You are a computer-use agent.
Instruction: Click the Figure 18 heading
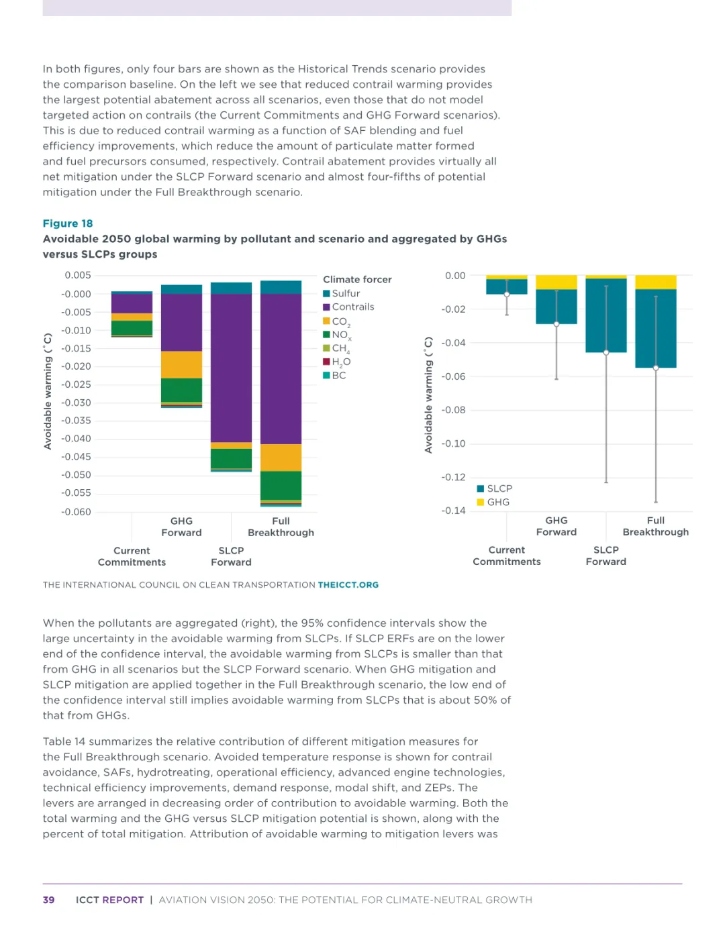68,223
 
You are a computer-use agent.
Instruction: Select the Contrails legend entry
348,307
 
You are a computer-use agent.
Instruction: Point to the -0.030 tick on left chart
76,403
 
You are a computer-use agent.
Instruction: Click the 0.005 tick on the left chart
78,275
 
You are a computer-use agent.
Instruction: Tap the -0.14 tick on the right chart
453,511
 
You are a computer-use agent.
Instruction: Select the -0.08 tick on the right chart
453,410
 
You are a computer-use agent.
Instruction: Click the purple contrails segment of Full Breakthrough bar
281,369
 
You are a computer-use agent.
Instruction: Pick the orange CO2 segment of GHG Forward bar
181,364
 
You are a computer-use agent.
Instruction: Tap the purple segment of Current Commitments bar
132,303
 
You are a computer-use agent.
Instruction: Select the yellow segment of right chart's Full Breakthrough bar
656,282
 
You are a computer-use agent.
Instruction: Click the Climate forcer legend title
357,279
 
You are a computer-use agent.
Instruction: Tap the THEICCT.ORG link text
348,585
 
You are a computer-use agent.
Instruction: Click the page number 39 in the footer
48,900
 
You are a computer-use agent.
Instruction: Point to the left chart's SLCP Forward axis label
231,556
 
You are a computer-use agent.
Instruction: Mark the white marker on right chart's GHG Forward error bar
557,324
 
